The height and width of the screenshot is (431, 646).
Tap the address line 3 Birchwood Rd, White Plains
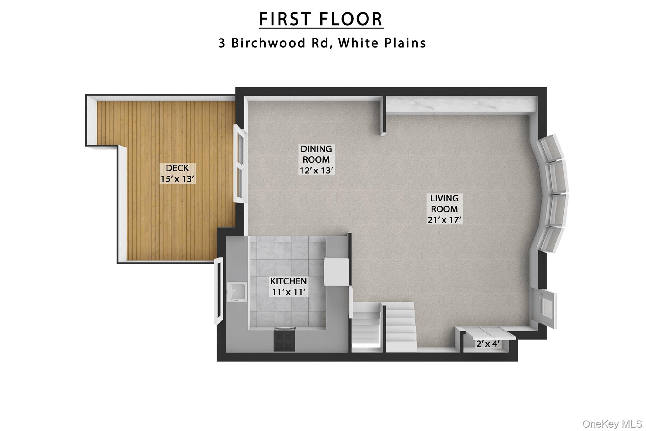pos(322,43)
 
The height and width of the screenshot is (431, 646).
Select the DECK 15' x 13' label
pos(177,173)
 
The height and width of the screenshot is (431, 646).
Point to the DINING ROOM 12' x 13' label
pos(316,159)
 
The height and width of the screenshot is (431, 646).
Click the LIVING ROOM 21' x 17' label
pos(444,209)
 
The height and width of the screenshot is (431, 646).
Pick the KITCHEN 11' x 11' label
pos(288,286)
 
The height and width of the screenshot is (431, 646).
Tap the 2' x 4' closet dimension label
pos(488,344)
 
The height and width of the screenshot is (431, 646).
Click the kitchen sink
pos(237,292)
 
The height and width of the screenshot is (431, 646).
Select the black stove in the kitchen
pos(285,339)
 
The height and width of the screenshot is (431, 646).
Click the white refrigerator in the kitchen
pos(336,272)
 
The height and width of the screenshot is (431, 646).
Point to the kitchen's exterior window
pos(218,290)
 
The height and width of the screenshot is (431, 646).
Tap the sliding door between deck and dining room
pos(240,164)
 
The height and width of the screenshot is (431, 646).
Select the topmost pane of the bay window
pos(552,148)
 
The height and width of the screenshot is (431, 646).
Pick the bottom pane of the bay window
pos(551,239)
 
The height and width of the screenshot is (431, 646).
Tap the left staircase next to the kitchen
pos(366,328)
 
